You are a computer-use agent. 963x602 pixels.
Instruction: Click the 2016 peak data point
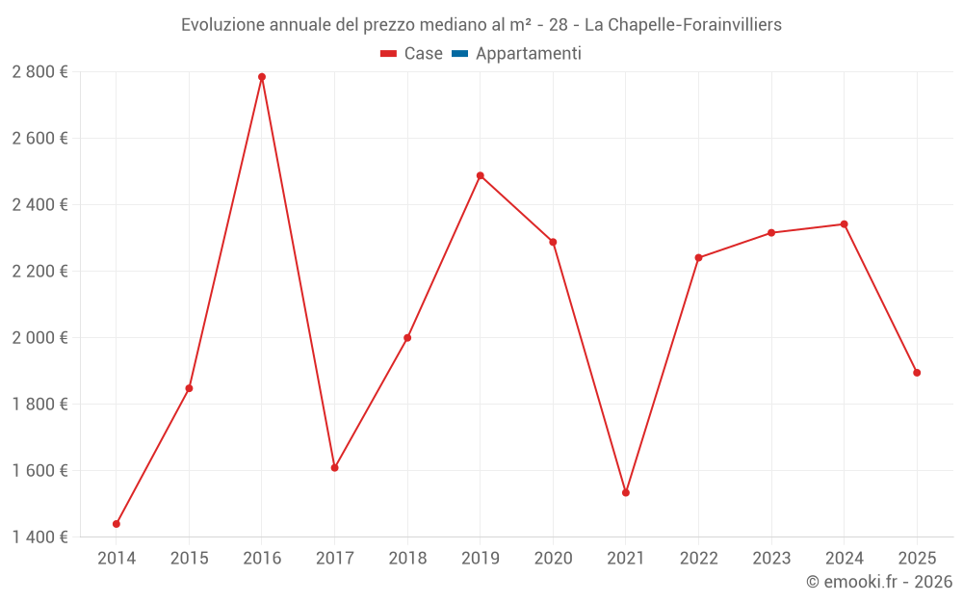tap(262, 77)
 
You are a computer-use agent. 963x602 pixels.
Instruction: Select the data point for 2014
tap(117, 524)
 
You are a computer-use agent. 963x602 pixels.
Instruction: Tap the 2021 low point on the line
tap(626, 492)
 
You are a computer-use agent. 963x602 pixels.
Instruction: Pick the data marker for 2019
tap(481, 175)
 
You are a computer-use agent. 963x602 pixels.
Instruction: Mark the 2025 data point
tap(917, 373)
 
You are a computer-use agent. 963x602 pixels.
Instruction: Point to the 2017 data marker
tap(335, 467)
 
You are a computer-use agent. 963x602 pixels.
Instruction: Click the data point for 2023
tap(771, 232)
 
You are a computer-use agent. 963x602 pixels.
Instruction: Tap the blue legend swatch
tap(459, 54)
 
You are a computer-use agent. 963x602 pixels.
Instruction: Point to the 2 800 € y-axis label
tap(39, 72)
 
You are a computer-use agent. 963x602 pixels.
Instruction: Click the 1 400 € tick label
tap(39, 537)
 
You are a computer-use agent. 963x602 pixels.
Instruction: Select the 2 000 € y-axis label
tap(39, 337)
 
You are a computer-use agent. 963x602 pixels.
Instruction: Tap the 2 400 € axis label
tap(39, 204)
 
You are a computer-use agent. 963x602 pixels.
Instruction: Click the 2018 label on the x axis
tap(407, 558)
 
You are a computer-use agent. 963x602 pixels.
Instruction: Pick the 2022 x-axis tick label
tap(698, 558)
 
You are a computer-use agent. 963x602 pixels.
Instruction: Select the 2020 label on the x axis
tap(553, 558)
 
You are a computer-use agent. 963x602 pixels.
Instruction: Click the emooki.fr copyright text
tap(879, 582)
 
